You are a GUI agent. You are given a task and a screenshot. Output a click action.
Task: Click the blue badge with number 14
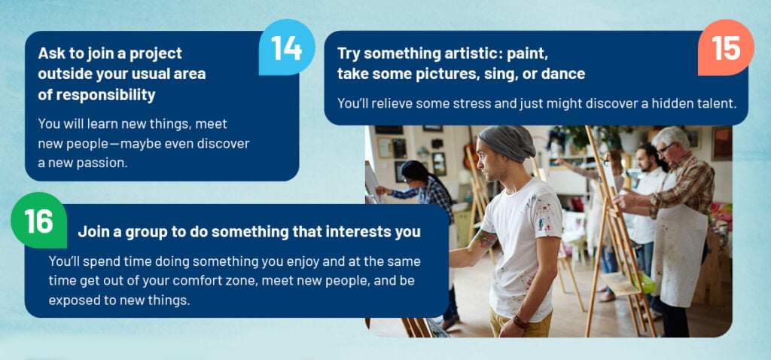coord(287,47)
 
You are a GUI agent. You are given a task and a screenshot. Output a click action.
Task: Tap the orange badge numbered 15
coord(726,47)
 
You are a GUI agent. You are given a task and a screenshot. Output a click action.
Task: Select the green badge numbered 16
coord(39,221)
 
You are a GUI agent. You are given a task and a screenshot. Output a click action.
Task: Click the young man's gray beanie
coord(507,143)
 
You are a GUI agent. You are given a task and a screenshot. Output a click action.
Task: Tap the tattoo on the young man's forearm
coord(485,239)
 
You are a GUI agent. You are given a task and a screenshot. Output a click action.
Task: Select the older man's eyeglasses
coord(667,148)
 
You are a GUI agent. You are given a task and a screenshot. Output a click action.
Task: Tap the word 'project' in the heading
coord(158,53)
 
